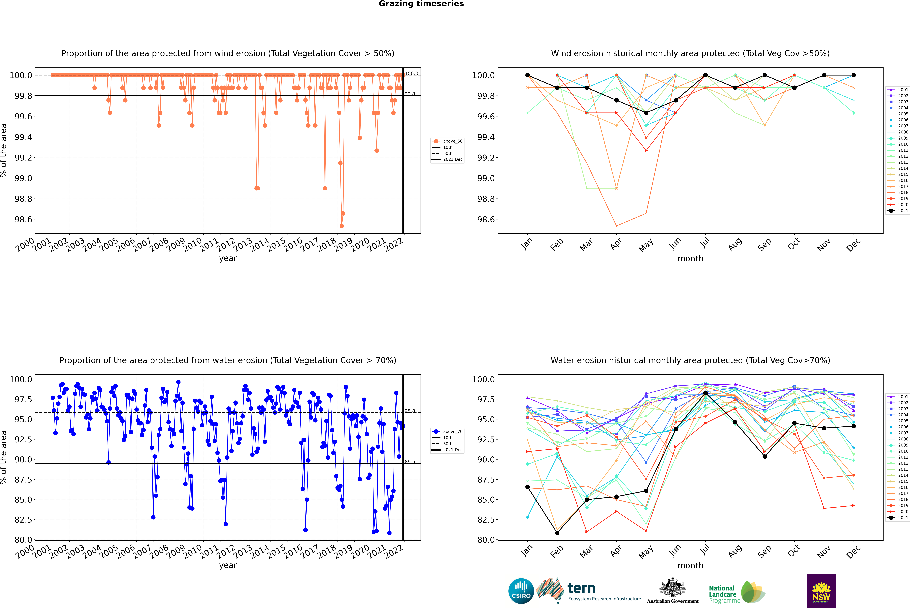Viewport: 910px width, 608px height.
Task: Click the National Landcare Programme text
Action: (722, 594)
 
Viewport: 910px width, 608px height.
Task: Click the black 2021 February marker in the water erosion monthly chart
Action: (557, 533)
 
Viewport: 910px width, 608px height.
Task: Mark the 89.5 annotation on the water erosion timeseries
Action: (410, 461)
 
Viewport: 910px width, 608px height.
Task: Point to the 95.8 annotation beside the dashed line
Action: (410, 411)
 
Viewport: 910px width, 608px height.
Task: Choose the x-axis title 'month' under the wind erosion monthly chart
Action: (690, 259)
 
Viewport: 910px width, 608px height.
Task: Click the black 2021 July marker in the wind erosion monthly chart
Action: (705, 75)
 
